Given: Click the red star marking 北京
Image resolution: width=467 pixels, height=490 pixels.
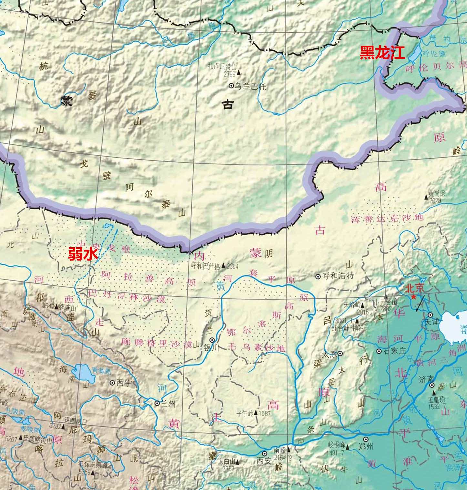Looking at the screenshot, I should pyautogui.click(x=413, y=297).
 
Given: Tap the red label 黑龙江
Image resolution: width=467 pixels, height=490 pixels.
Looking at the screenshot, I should pyautogui.click(x=382, y=53).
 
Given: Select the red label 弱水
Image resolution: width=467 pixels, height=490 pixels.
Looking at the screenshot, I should pyautogui.click(x=83, y=254).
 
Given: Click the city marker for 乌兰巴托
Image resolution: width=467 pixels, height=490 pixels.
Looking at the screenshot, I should pyautogui.click(x=231, y=86).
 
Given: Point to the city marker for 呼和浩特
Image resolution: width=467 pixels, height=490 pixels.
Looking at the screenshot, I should pyautogui.click(x=318, y=276).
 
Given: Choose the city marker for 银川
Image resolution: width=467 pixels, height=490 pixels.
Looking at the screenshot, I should pyautogui.click(x=212, y=340).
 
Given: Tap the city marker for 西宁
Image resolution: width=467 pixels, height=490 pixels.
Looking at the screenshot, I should pyautogui.click(x=112, y=383).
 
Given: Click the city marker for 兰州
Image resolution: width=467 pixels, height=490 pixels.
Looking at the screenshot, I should pyautogui.click(x=157, y=403).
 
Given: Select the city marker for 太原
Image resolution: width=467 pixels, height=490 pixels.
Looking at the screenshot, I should pyautogui.click(x=340, y=354).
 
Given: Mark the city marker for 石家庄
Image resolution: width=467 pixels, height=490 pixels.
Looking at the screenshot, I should pyautogui.click(x=379, y=351).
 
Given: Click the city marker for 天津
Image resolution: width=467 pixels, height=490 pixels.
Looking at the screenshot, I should pyautogui.click(x=430, y=315).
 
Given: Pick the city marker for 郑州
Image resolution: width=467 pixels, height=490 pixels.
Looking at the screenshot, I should pyautogui.click(x=366, y=440).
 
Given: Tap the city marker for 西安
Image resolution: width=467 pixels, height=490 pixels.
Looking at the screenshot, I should pyautogui.click(x=264, y=454).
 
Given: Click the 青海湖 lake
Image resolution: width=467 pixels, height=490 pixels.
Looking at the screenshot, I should pyautogui.click(x=84, y=372).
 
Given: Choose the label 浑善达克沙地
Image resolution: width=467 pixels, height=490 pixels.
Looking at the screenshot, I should pyautogui.click(x=387, y=218).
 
